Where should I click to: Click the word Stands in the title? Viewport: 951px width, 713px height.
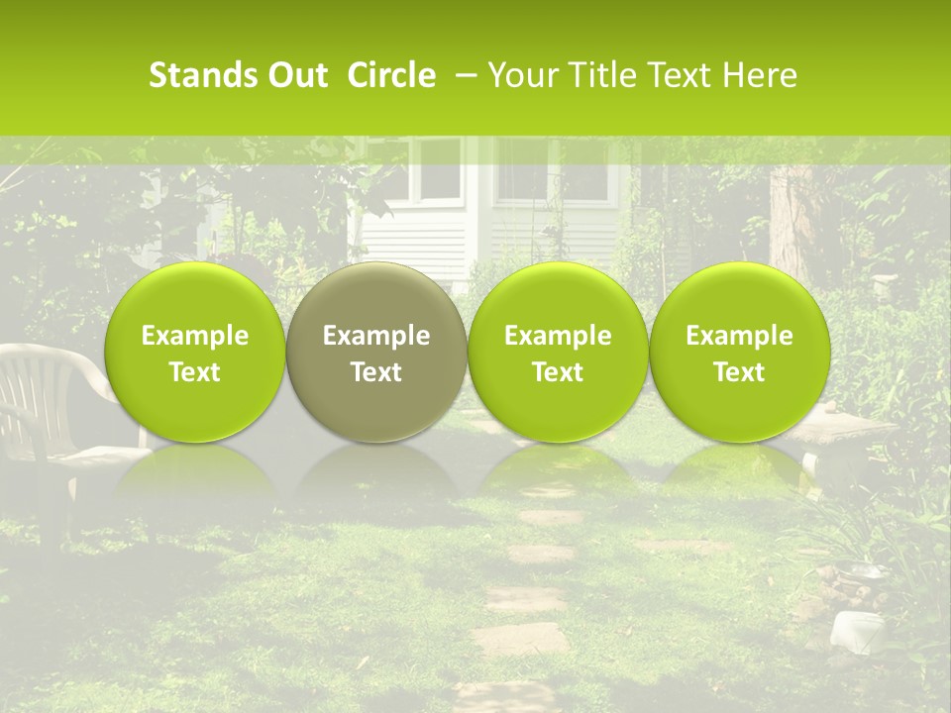point(203,75)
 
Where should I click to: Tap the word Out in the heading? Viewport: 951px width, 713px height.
point(296,75)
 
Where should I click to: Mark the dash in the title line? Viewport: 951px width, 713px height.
point(462,75)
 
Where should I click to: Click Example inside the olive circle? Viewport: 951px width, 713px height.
point(376,337)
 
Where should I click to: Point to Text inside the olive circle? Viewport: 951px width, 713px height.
point(376,372)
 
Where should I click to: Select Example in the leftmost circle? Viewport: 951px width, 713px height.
point(195,337)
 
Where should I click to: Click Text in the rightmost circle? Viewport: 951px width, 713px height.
point(739,372)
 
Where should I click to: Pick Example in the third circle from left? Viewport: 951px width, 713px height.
point(558,337)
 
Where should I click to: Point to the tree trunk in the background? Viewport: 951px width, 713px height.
point(792,218)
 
